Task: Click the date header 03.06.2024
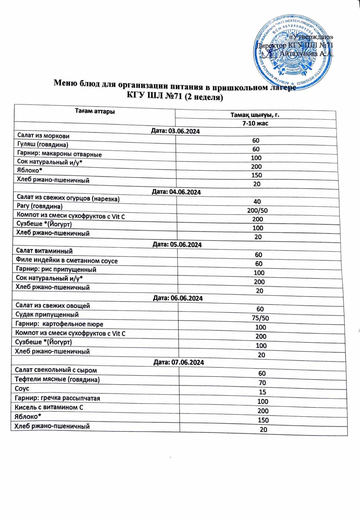[x=175, y=131]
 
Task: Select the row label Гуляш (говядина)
[x=43, y=145]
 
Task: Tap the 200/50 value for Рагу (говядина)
[x=257, y=210]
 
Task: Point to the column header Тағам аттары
[x=95, y=112]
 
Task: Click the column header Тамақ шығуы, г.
[x=255, y=115]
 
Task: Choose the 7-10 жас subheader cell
[x=255, y=123]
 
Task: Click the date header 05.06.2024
[x=177, y=244]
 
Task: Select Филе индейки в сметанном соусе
[x=67, y=260]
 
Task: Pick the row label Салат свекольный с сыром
[x=56, y=370]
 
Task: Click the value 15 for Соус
[x=262, y=392]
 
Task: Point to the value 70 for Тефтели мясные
[x=262, y=383]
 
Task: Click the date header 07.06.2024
[x=179, y=362]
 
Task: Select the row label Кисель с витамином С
[x=49, y=407]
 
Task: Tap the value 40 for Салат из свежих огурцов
[x=257, y=202]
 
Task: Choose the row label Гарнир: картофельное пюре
[x=59, y=324]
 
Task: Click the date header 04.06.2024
[x=176, y=192]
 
